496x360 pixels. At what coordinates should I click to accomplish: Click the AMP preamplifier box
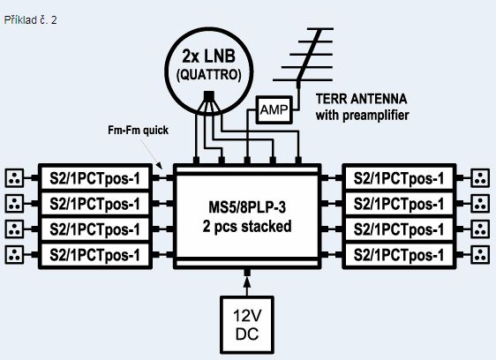(x=274, y=109)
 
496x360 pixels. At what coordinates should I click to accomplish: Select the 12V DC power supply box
(x=247, y=325)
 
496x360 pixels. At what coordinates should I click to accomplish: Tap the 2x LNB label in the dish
(x=209, y=56)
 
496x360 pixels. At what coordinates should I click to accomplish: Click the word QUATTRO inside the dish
(x=209, y=75)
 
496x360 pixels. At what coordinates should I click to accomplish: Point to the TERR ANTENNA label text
(x=361, y=99)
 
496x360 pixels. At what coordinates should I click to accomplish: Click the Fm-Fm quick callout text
(x=138, y=130)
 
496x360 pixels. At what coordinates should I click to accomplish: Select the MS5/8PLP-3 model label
(x=247, y=207)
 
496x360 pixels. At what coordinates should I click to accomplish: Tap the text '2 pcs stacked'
(x=247, y=227)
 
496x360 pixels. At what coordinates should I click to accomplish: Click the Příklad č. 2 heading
(x=30, y=20)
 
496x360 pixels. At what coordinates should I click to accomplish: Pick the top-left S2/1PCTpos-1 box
(x=95, y=178)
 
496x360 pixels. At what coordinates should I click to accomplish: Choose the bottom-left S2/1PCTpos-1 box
(x=95, y=255)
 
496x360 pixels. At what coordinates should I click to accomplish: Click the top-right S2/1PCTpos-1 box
(x=399, y=178)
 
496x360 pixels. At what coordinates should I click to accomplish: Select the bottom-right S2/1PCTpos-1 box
(x=399, y=255)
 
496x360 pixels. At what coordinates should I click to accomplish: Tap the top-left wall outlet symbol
(x=14, y=178)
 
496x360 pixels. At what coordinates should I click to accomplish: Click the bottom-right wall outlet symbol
(x=480, y=255)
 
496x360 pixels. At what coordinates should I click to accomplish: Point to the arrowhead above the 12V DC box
(x=247, y=282)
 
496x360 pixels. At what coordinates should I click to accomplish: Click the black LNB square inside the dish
(x=209, y=96)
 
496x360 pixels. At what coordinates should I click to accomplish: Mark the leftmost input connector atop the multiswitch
(x=196, y=160)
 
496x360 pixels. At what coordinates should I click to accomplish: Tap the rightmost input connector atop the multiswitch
(x=298, y=160)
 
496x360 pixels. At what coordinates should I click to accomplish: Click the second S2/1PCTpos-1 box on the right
(x=399, y=204)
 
